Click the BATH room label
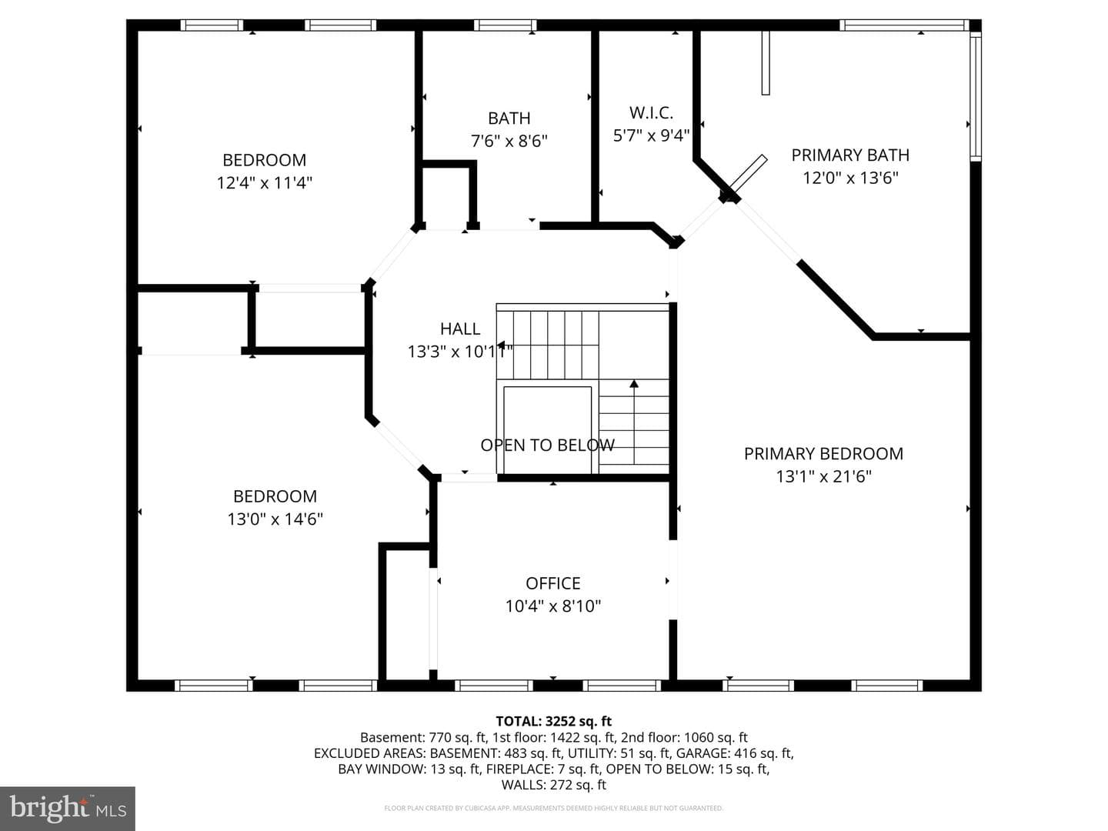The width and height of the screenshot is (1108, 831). [509, 118]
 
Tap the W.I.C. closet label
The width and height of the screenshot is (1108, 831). [651, 113]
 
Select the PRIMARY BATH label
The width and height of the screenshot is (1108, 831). [850, 155]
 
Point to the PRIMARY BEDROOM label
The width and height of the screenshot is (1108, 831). [823, 454]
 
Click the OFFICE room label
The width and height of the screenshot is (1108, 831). [552, 583]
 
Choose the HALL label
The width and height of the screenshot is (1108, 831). [460, 329]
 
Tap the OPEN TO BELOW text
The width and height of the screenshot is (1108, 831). [547, 445]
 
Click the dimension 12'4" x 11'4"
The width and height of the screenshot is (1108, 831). [265, 182]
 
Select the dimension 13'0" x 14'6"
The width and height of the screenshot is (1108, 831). [275, 519]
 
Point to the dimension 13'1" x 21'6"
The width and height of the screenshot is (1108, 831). [823, 476]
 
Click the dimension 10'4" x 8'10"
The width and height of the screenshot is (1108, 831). [552, 606]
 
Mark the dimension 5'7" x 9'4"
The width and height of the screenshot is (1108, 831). [651, 135]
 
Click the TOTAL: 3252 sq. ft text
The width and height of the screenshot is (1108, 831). [554, 721]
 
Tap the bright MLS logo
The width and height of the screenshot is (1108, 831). [68, 808]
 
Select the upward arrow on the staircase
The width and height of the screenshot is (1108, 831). [634, 422]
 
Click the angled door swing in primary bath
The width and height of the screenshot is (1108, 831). [748, 177]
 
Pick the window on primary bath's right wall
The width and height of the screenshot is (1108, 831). [976, 96]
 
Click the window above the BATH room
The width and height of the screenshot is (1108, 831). [505, 25]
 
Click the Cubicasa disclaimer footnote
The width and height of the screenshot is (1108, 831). [554, 808]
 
